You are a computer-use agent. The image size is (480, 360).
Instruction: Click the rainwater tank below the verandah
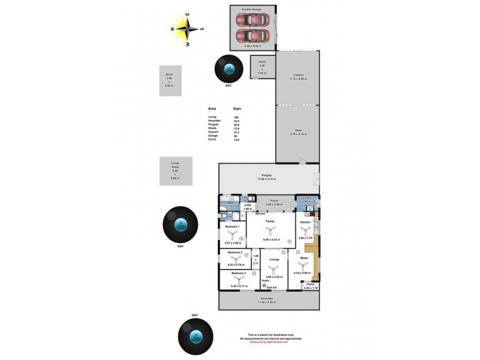coord(196,337)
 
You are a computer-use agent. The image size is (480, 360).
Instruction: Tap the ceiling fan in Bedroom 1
coord(232,235)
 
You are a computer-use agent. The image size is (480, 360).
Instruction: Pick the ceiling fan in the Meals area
coord(304,264)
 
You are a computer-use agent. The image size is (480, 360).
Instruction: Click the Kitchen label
coord(305,222)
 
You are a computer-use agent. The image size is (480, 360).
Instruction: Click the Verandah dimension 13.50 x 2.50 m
coord(266,302)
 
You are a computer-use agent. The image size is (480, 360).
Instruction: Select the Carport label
coord(298,75)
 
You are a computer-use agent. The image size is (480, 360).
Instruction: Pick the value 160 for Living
coord(236,117)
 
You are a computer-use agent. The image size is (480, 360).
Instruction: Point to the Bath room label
coord(230,203)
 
